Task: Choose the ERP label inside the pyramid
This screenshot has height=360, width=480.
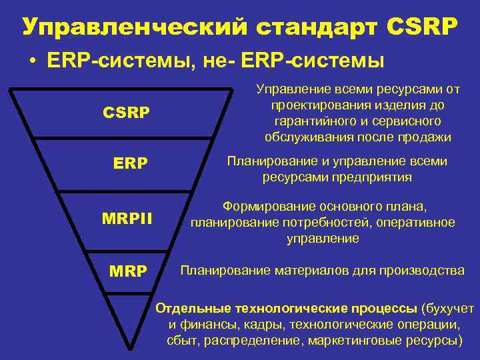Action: click(x=131, y=163)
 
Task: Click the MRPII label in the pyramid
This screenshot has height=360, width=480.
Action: click(x=127, y=218)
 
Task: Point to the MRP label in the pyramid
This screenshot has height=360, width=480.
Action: click(x=128, y=271)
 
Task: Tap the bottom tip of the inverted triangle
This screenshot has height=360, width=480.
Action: click(x=127, y=347)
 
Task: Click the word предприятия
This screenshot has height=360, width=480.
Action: click(x=375, y=177)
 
